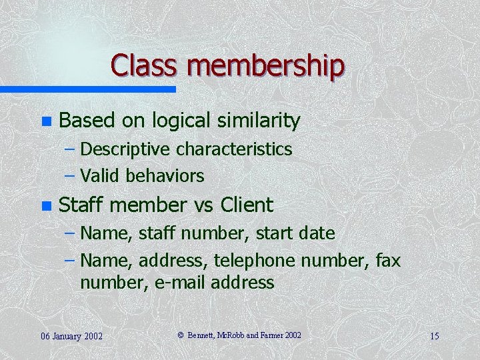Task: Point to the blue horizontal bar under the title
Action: pos(87,89)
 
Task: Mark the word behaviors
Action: pos(165,176)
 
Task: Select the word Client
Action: pos(246,205)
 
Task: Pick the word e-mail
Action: pos(180,283)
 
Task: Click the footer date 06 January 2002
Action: pos(71,335)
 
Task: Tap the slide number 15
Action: pos(434,335)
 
